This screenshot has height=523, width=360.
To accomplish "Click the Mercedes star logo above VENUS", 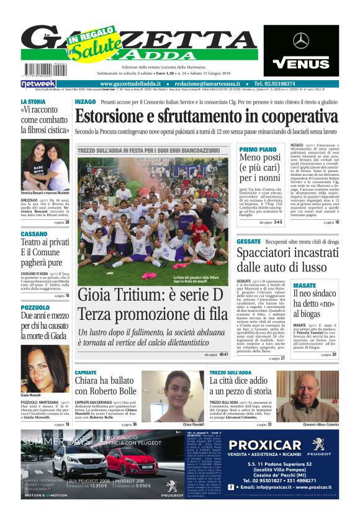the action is pos(301,41).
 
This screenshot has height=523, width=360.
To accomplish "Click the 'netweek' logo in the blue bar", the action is pos(38,83).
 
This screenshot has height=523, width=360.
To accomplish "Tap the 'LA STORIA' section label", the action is pos(33,101).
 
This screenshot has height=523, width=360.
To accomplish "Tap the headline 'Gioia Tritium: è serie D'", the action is pos(152,295).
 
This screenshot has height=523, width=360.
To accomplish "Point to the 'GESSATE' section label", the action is pos(248,241).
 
